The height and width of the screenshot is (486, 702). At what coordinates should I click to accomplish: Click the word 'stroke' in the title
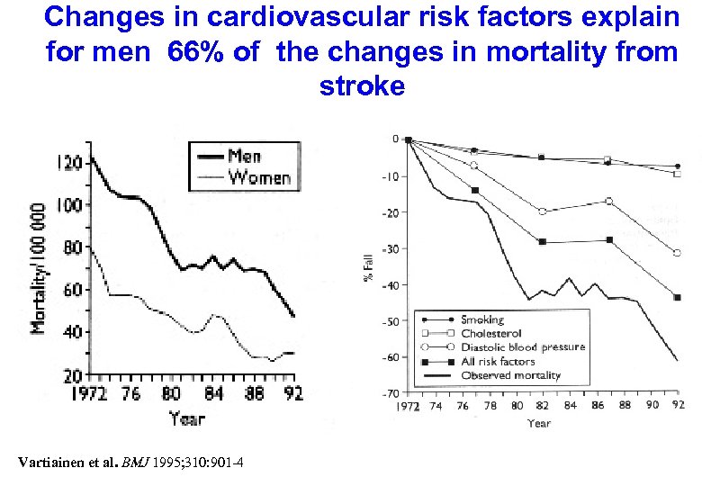pyautogui.click(x=361, y=86)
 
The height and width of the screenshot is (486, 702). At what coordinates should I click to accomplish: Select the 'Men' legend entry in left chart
pyautogui.click(x=257, y=156)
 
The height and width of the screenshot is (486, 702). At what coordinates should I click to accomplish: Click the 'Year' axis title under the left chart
pyautogui.click(x=186, y=418)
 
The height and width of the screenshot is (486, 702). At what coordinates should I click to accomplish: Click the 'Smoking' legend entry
pyautogui.click(x=482, y=319)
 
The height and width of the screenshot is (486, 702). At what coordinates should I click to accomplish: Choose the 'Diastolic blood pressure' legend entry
pyautogui.click(x=522, y=347)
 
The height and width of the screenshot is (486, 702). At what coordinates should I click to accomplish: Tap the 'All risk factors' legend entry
pyautogui.click(x=498, y=361)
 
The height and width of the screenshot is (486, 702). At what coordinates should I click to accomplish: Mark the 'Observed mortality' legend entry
pyautogui.click(x=510, y=375)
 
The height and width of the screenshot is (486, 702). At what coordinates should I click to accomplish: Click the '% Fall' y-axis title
pyautogui.click(x=367, y=265)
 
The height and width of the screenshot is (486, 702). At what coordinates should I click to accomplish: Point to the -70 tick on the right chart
pyautogui.click(x=390, y=394)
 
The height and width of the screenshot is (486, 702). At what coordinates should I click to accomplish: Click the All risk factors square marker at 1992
pyautogui.click(x=677, y=298)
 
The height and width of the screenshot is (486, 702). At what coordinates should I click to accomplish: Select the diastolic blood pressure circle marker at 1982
pyautogui.click(x=542, y=211)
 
